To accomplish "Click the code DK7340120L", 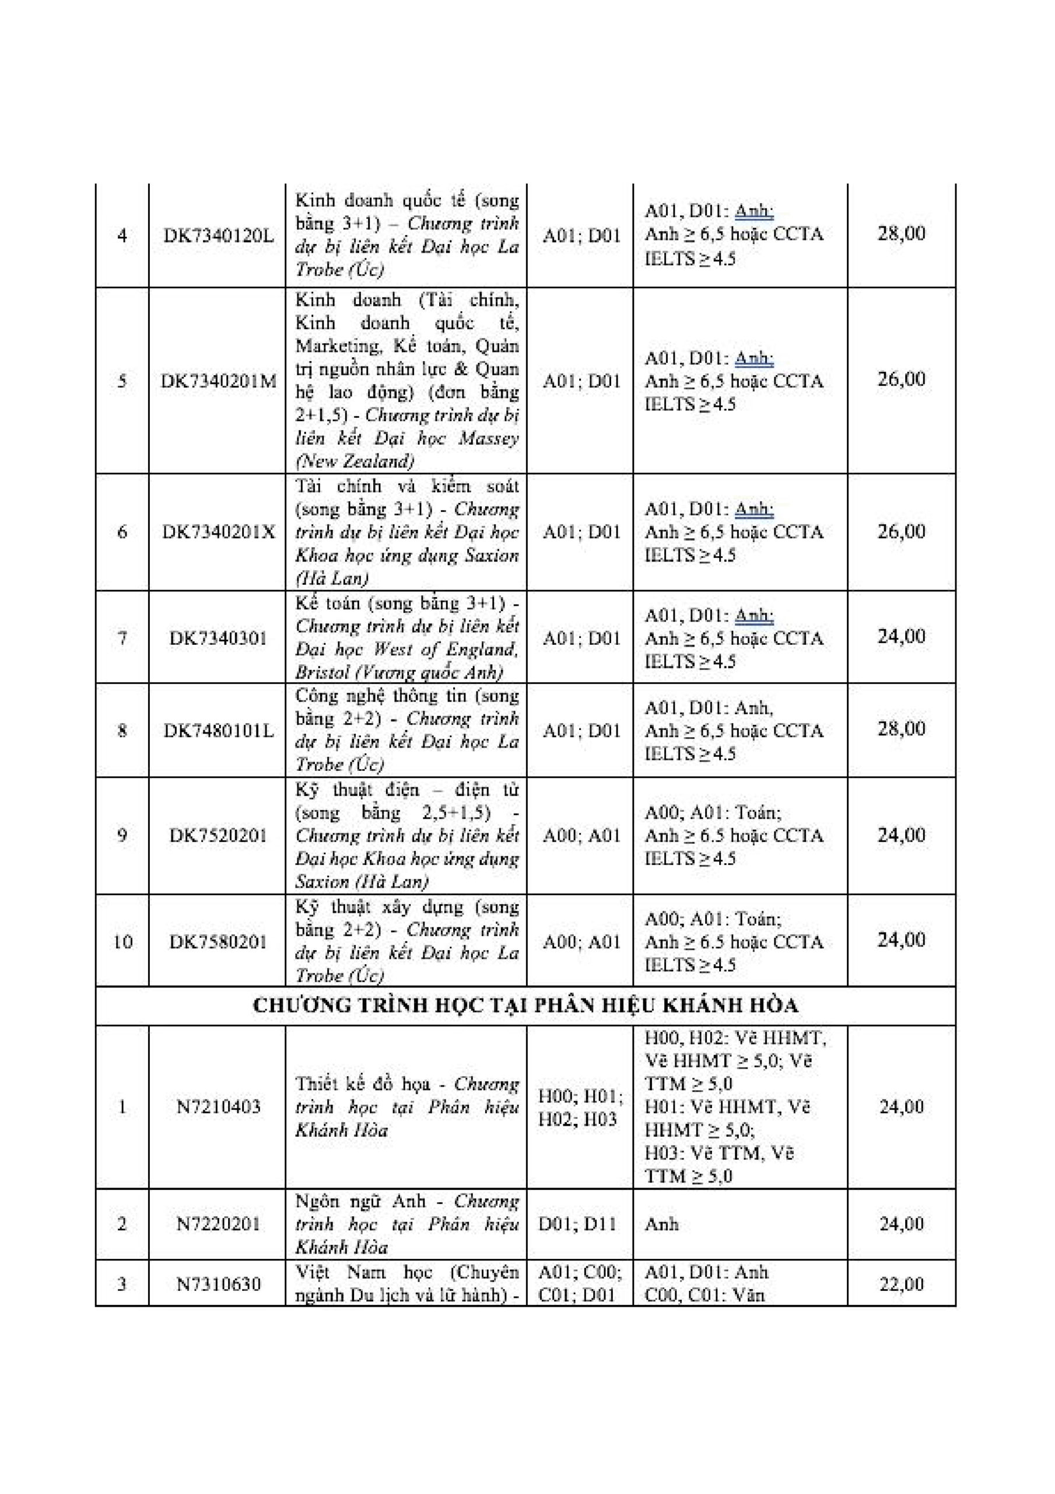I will [219, 236].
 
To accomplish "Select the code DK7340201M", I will [219, 381].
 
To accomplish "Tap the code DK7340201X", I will [219, 532].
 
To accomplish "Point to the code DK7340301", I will [219, 638].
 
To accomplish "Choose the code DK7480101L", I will [219, 731].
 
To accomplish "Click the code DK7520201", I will [219, 836].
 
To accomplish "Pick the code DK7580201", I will [219, 941].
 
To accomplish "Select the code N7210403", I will [219, 1107].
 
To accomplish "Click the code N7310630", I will [219, 1284].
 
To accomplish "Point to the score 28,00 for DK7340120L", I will [901, 233].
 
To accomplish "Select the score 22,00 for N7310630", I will [901, 1284].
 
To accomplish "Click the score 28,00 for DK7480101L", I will [901, 729].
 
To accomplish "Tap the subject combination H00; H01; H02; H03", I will [580, 1108].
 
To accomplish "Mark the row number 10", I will [123, 941].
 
